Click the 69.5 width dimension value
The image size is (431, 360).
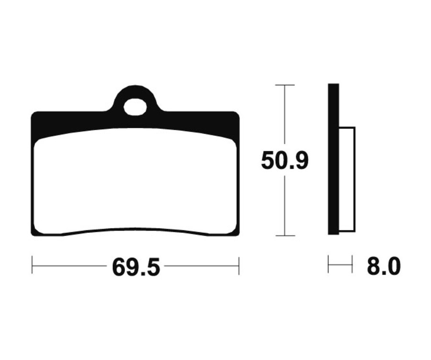point(136,267)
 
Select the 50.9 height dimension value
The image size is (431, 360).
point(284,161)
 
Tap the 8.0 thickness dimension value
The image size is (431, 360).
point(384,267)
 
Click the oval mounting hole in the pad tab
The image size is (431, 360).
point(135,107)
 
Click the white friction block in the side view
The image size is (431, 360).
point(347,180)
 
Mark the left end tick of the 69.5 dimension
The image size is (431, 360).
point(32,265)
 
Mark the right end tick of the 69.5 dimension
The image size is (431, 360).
point(238,265)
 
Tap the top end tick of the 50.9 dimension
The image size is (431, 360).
point(285,85)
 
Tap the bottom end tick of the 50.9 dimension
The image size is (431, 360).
point(285,236)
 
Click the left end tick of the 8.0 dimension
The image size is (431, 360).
point(329,264)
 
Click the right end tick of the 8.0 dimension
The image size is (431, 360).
point(352,264)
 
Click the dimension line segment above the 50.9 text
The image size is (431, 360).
point(285,117)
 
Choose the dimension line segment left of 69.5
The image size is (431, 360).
point(69,265)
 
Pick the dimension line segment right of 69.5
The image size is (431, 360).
point(201,265)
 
